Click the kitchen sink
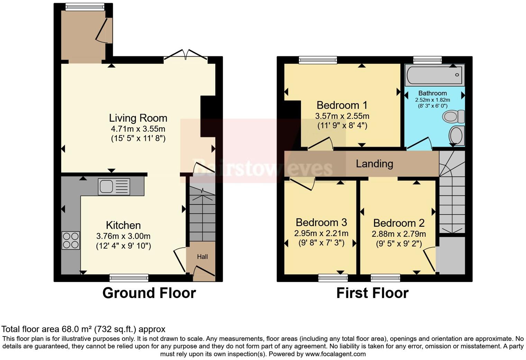pyautogui.click(x=114, y=187)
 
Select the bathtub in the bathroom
pyautogui.click(x=435, y=75)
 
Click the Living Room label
pyautogui.click(x=138, y=118)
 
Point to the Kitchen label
pyautogui.click(x=123, y=225)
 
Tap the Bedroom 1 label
pyautogui.click(x=342, y=105)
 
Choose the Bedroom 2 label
pyautogui.click(x=399, y=223)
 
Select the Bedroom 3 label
pyautogui.click(x=321, y=223)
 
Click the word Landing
pyautogui.click(x=374, y=164)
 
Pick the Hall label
pyautogui.click(x=202, y=257)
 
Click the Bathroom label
pyautogui.click(x=432, y=93)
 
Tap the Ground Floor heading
pyautogui.click(x=149, y=293)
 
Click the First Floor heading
pyautogui.click(x=372, y=293)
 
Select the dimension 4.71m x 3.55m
pyautogui.click(x=138, y=129)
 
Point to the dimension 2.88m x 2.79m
pyautogui.click(x=399, y=234)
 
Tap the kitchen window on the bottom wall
pyautogui.click(x=129, y=278)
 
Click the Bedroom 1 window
pyautogui.click(x=318, y=60)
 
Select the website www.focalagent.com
pyautogui.click(x=335, y=354)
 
